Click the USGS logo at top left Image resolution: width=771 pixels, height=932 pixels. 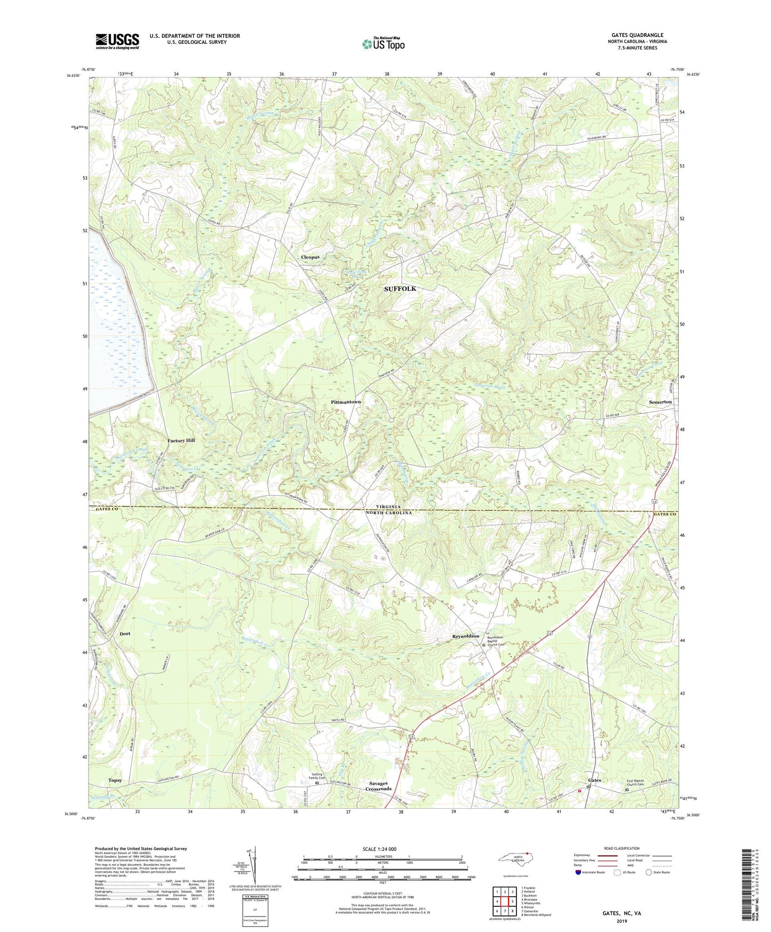[117, 41]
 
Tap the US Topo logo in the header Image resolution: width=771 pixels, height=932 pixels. [383, 43]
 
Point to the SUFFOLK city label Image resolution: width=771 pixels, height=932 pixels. [400, 289]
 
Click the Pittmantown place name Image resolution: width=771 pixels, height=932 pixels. [346, 402]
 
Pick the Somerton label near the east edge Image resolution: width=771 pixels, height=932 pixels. [660, 402]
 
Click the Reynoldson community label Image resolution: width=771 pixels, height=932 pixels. [466, 636]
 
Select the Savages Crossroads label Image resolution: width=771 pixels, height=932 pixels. [379, 786]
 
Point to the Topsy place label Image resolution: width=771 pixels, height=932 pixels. [115, 780]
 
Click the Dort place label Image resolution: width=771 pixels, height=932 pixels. [125, 634]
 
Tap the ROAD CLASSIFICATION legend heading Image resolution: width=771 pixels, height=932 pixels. [621, 848]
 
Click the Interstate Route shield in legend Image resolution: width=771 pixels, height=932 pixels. [580, 872]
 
